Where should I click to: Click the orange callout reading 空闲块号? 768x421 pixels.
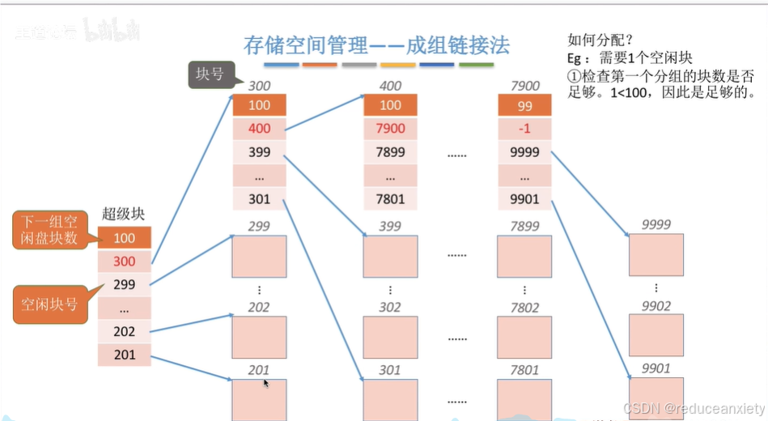tap(49, 304)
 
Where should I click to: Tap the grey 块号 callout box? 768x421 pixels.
tap(209, 74)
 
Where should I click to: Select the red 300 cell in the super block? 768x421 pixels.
tap(124, 262)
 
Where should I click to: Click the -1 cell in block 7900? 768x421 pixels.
tap(524, 129)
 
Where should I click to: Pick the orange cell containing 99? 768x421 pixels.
tap(524, 105)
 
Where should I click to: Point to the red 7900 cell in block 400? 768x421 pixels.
tap(390, 129)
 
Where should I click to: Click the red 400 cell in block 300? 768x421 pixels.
tap(260, 129)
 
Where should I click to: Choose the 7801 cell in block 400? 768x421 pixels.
tap(390, 198)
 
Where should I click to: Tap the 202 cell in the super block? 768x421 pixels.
tap(124, 331)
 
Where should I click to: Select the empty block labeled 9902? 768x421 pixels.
tap(656, 335)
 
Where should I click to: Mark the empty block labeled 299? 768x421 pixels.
tap(260, 256)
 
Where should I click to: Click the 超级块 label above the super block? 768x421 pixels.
tap(123, 215)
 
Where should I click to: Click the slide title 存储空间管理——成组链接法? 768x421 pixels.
tap(376, 45)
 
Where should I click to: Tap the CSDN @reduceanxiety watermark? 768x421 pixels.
tap(694, 409)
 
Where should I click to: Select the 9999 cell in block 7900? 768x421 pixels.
tap(524, 151)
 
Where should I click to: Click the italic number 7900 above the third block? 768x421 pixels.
tap(524, 86)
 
